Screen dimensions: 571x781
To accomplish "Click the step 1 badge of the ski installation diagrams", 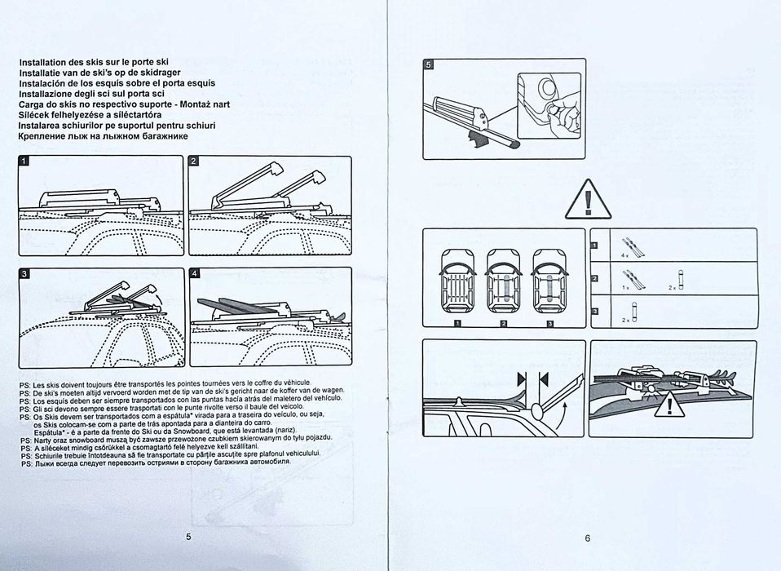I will (x=24, y=162).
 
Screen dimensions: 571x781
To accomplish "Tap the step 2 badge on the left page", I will (x=194, y=162).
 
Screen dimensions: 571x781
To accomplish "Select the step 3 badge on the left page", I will (x=24, y=273).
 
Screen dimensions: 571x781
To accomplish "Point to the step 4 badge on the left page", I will (x=194, y=273).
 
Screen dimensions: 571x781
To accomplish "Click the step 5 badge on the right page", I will (x=429, y=64).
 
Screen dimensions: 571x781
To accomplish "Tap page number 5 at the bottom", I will (x=188, y=537).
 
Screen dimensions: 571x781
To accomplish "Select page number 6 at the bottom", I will (x=587, y=538).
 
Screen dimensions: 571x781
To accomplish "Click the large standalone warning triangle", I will (x=588, y=199).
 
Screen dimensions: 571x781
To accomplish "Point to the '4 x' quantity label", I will (x=625, y=256).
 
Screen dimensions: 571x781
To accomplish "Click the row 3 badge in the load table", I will (x=594, y=312).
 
